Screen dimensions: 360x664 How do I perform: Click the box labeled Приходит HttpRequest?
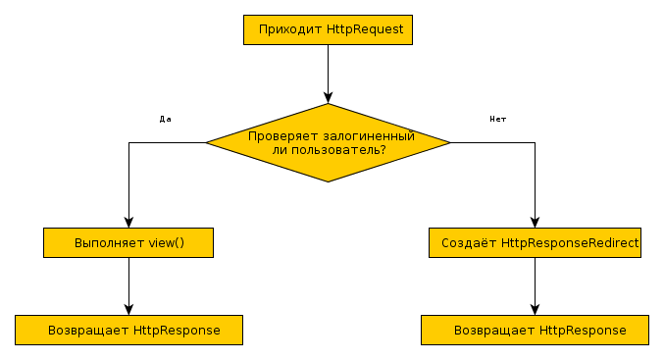(x=328, y=30)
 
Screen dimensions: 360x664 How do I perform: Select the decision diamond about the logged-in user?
(x=328, y=142)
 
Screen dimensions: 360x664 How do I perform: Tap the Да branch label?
(x=165, y=119)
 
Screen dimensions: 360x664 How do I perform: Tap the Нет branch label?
(x=497, y=119)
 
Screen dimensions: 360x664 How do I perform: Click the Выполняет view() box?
(x=128, y=242)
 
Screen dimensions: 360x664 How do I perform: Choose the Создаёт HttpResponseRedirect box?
(x=535, y=242)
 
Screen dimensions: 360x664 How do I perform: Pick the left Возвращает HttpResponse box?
(x=128, y=330)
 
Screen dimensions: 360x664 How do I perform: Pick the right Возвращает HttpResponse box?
(x=535, y=330)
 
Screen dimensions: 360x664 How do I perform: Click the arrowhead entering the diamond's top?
(x=328, y=97)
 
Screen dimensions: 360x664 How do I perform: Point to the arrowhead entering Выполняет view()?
(x=128, y=223)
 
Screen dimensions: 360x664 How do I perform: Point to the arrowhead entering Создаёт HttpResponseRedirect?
(x=535, y=223)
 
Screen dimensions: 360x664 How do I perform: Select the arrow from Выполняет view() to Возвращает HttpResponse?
(x=128, y=285)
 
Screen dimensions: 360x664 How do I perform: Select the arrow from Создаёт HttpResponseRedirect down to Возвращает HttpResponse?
(x=535, y=285)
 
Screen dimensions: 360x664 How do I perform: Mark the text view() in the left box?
(x=166, y=242)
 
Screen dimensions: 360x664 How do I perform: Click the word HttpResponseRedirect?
(x=571, y=242)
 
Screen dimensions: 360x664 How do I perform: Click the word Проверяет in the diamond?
(x=281, y=136)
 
